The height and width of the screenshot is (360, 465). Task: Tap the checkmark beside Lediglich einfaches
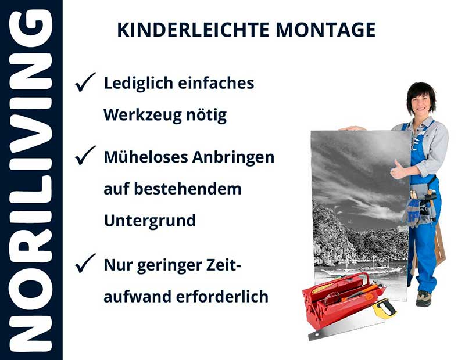tap(85, 84)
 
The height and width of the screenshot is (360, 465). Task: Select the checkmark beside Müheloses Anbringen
tap(85, 156)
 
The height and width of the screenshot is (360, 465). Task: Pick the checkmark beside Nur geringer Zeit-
tap(85, 265)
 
